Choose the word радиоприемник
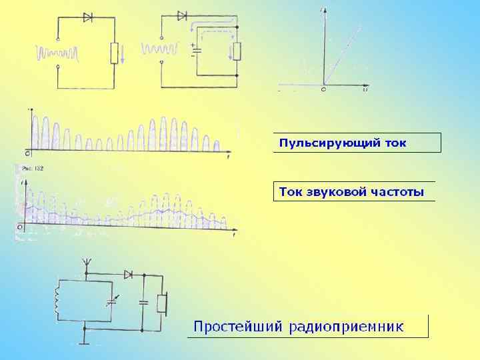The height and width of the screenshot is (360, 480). point(346,326)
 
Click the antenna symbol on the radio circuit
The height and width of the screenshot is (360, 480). point(85,262)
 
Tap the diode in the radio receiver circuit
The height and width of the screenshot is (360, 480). point(128,275)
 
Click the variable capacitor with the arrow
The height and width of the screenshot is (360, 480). point(111,302)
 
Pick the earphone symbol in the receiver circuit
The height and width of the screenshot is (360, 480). point(162,303)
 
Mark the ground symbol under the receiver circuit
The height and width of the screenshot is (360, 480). point(85,340)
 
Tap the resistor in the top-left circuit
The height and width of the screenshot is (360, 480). point(114,52)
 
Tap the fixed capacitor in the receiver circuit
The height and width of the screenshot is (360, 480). point(143,303)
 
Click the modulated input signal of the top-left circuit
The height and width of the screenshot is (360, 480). point(59,52)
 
